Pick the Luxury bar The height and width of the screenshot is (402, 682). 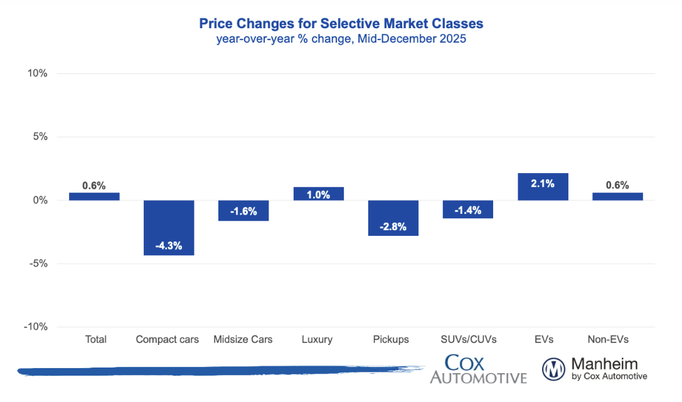[x=319, y=194]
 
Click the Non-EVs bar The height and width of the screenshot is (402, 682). [x=617, y=196]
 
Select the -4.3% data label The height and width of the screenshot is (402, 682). [x=169, y=246]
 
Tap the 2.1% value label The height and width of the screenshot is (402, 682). [x=543, y=183]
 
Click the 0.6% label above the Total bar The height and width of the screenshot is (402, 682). [x=94, y=186]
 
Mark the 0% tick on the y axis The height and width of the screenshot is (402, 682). [x=40, y=201]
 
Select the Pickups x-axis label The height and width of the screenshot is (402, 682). [x=390, y=339]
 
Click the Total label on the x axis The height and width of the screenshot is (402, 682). [x=95, y=339]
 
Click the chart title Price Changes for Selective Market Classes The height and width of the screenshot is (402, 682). [x=341, y=24]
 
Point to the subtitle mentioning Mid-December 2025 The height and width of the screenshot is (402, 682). [x=341, y=40]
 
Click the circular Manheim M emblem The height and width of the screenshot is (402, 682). [x=554, y=369]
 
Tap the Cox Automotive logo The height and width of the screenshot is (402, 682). [x=478, y=369]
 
